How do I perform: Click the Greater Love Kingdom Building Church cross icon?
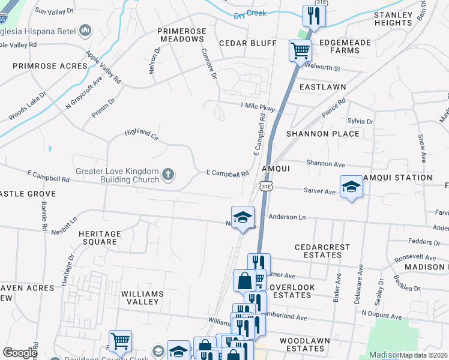(x=169, y=175)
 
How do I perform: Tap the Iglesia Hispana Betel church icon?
(x=85, y=29)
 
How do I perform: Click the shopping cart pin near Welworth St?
(x=300, y=50)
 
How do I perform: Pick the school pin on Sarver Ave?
(x=351, y=187)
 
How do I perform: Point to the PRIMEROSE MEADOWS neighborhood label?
(x=181, y=35)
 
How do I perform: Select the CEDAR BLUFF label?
(x=247, y=43)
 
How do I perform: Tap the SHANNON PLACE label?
(x=323, y=134)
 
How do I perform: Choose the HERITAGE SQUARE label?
(x=100, y=238)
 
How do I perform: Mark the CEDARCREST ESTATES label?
(x=318, y=251)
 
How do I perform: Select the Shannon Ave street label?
(x=325, y=163)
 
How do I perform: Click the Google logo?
(x=20, y=353)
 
